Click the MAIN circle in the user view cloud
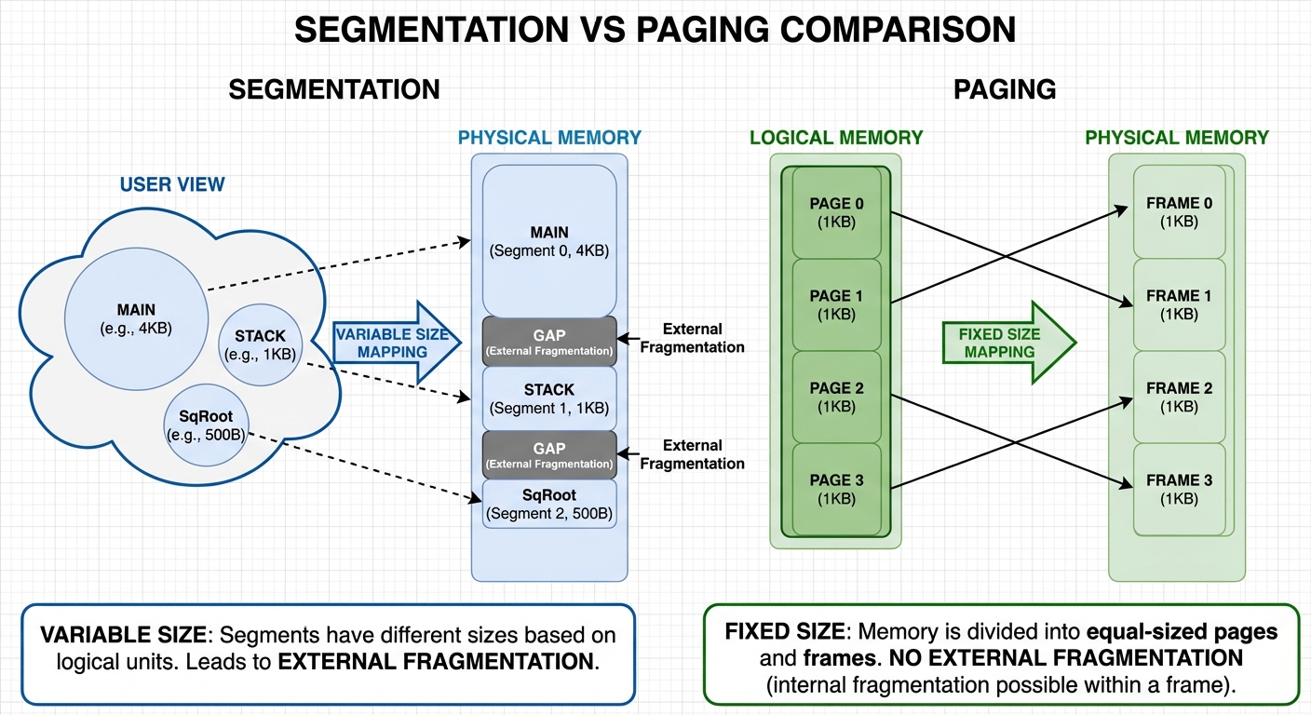(x=136, y=317)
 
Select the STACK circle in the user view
(x=260, y=344)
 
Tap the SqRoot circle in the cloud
(x=206, y=425)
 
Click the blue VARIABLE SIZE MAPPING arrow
(x=396, y=343)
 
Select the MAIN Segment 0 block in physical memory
(x=549, y=241)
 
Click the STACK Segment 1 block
(x=549, y=398)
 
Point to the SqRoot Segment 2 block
(x=549, y=504)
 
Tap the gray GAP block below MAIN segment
(x=549, y=342)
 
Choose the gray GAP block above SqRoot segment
(x=549, y=455)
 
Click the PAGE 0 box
(x=836, y=212)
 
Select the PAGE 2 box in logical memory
(x=836, y=397)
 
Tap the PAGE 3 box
(x=836, y=489)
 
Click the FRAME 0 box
(x=1179, y=212)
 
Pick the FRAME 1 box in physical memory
(x=1179, y=304)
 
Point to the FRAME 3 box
(x=1179, y=489)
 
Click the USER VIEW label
(x=172, y=184)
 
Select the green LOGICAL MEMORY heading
(x=836, y=138)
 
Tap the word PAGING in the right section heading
(x=1005, y=89)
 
